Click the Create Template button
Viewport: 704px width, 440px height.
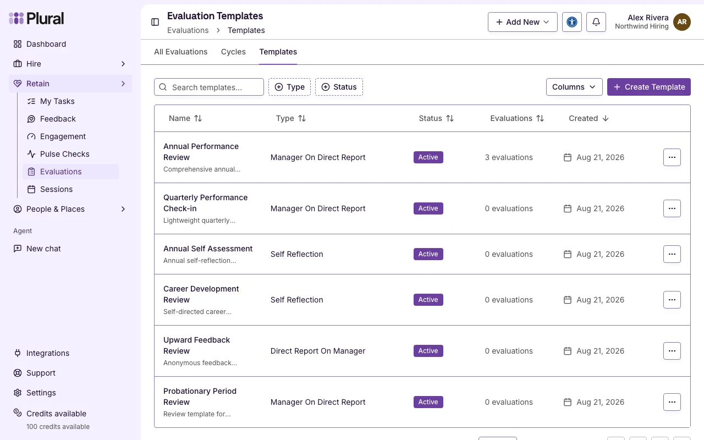[648, 87]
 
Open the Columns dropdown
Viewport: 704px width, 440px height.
[574, 87]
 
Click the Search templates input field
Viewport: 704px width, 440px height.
[208, 87]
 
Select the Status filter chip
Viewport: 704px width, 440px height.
[339, 87]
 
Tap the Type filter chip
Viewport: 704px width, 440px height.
[289, 87]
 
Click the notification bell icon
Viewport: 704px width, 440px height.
[596, 22]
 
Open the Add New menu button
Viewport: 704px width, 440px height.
[522, 22]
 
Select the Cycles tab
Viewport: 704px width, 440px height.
[233, 52]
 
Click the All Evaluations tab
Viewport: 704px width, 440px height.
[181, 52]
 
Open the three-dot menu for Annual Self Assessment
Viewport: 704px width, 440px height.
[672, 254]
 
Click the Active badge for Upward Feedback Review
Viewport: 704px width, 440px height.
[428, 351]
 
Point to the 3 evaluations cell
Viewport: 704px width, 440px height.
[509, 157]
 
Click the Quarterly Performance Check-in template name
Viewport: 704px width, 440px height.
[206, 203]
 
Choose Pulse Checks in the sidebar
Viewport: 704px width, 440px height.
[64, 154]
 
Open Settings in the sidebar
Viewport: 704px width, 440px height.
[41, 393]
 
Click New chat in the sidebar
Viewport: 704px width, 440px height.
[43, 249]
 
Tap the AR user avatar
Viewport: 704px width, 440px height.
[681, 22]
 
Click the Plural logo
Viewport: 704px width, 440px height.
[36, 18]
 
